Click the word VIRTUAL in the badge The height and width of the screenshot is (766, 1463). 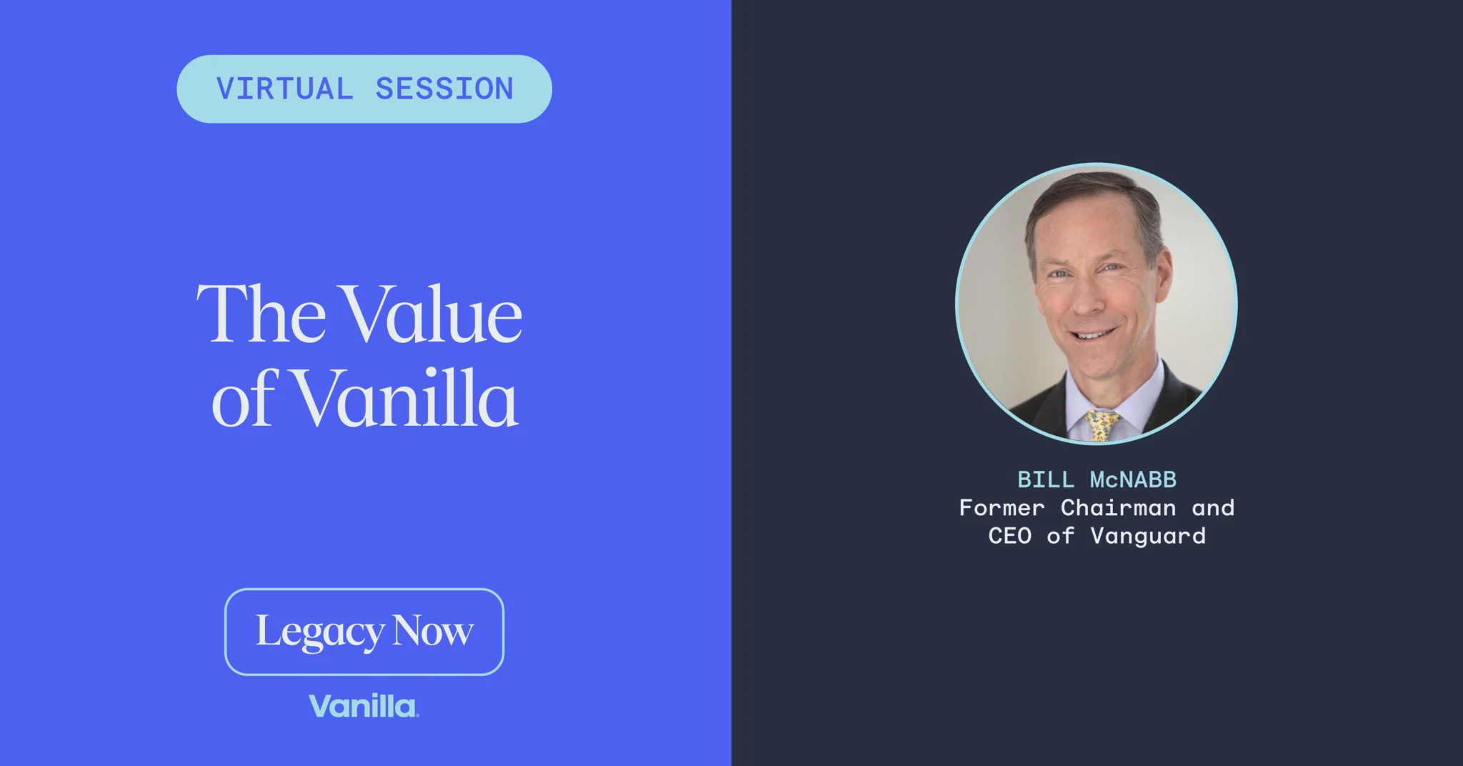pos(284,89)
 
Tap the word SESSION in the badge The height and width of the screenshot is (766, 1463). pos(444,89)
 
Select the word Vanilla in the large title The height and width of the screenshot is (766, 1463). pos(406,398)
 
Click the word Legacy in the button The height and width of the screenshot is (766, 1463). pos(320,632)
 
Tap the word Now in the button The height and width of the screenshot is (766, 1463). pos(433,631)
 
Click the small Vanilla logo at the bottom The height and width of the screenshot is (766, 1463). pos(364,706)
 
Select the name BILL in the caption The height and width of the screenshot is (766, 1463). pos(1046,479)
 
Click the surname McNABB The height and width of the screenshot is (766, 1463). pos(1133,479)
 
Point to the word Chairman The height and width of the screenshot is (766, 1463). pos(1118,507)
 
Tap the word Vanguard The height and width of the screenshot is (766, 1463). pos(1148,536)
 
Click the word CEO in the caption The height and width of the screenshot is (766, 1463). pos(1009,536)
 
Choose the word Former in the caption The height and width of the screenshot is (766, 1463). pos(1002,507)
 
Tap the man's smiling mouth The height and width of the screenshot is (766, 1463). pos(1093,334)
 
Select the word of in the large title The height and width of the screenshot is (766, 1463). pos(243,398)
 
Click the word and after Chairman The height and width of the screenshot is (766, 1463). pos(1213,507)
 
